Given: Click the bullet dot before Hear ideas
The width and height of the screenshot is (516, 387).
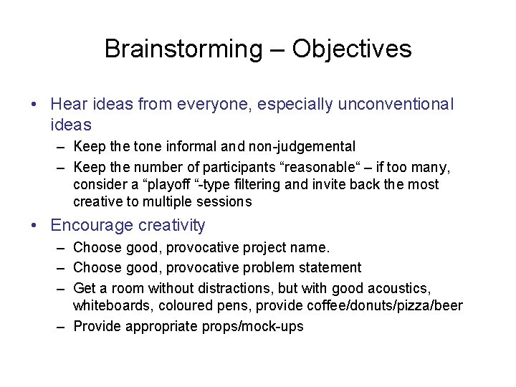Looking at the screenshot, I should coord(36,105).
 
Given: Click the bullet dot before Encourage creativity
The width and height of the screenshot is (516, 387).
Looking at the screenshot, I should coord(36,225).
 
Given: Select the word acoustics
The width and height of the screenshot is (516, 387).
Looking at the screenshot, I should coord(398,288).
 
